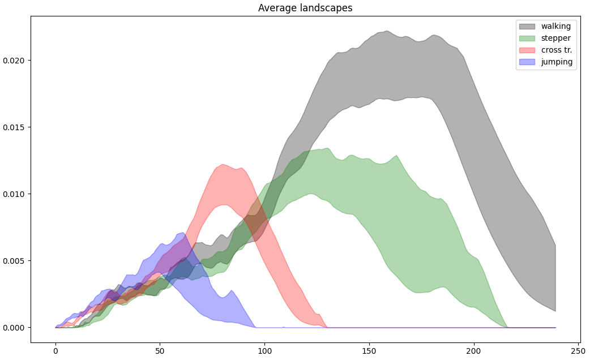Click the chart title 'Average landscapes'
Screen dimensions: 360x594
coord(305,8)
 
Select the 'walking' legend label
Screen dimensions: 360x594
coord(555,26)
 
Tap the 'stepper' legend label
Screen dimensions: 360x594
coord(555,38)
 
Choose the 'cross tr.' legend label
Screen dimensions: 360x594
coord(556,50)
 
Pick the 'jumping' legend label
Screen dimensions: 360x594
coord(556,62)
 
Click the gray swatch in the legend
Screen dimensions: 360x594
coord(527,26)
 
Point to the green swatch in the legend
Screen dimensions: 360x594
coord(527,38)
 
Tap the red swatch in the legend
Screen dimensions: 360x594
coord(527,50)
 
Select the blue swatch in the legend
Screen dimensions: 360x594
coord(527,62)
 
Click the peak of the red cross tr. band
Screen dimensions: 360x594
coord(223,165)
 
